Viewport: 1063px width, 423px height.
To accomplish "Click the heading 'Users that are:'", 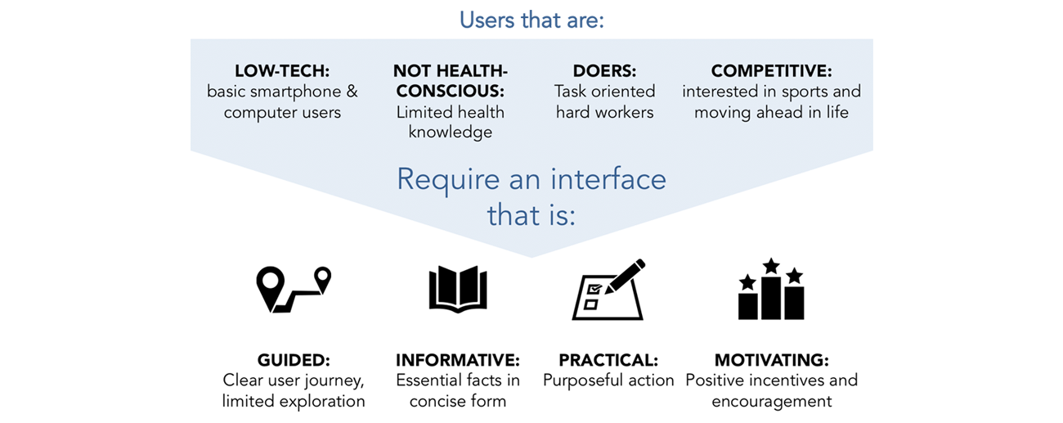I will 531,19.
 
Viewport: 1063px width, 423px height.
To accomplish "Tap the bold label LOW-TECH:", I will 282,71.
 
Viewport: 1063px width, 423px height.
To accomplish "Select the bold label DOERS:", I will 604,71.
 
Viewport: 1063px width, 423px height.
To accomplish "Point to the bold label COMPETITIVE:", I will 771,71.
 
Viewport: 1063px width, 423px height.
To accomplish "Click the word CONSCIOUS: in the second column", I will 450,92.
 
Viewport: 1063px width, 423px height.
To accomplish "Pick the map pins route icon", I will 294,290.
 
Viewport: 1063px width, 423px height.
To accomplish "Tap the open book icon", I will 457,290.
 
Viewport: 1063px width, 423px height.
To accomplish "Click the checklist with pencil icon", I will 608,290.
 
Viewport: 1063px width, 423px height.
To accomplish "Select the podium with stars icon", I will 770,290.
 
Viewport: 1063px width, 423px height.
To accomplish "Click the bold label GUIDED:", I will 294,360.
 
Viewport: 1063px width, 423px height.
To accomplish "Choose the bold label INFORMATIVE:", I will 458,360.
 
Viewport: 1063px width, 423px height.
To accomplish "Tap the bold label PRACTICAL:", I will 608,360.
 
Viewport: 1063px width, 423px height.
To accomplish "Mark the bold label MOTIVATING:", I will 771,360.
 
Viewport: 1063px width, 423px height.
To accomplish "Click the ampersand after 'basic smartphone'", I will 352,92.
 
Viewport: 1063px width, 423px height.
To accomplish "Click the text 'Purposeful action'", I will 608,380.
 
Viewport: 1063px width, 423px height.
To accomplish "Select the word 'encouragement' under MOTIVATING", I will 771,401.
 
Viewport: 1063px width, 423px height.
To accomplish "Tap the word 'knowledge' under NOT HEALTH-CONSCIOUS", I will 450,132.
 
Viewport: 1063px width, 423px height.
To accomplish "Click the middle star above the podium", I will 771,266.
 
